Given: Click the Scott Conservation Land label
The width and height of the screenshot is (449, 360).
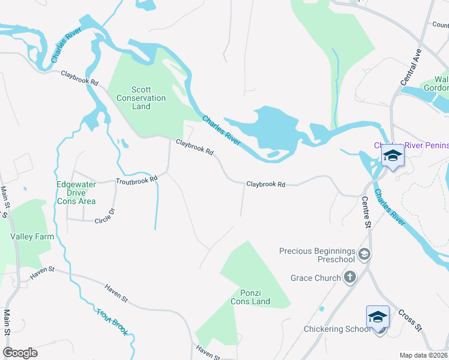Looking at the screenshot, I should tap(141, 98).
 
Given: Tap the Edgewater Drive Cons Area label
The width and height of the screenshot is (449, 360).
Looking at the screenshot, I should tap(76, 193).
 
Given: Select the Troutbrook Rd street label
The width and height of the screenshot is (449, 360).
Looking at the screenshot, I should tap(136, 179).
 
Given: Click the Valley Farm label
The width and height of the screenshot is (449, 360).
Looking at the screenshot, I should tap(32, 236).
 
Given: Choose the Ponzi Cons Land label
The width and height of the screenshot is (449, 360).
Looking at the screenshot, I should tap(250, 297).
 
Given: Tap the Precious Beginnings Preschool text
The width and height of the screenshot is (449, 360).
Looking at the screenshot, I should tap(318, 255).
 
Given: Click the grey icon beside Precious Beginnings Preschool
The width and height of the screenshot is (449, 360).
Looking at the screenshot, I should tap(363, 255).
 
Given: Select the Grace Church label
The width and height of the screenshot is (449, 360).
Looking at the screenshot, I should tap(315, 278).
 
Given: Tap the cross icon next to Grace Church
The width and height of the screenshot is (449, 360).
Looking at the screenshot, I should tap(350, 277).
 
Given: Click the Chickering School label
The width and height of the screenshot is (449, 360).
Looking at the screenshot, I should tap(337, 329).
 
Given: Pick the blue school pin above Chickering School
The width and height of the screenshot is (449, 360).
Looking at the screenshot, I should tap(378, 316).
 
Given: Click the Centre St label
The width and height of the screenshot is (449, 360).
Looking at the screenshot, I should tap(366, 211).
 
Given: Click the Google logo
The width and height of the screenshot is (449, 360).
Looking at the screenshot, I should tap(20, 353).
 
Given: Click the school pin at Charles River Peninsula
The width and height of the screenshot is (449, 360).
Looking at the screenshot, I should tap(393, 155).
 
